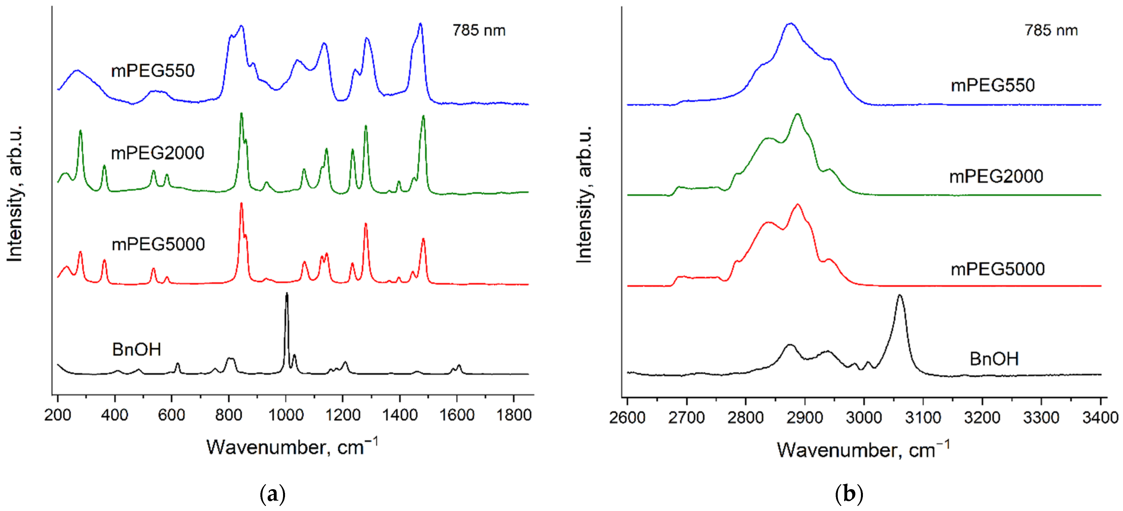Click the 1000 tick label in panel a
click(x=286, y=415)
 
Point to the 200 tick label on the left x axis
click(x=58, y=415)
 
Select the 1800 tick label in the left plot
click(x=513, y=415)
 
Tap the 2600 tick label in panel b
click(x=627, y=417)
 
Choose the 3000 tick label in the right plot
click(x=864, y=417)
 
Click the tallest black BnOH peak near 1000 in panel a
click(x=286, y=294)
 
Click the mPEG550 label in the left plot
click(x=153, y=71)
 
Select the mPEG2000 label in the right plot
click(x=996, y=176)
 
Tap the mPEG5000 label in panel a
click(x=158, y=244)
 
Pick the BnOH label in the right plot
click(x=994, y=359)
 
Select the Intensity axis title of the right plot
click(x=584, y=194)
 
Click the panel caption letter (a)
click(x=272, y=494)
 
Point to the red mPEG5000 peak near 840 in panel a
click(x=241, y=204)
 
